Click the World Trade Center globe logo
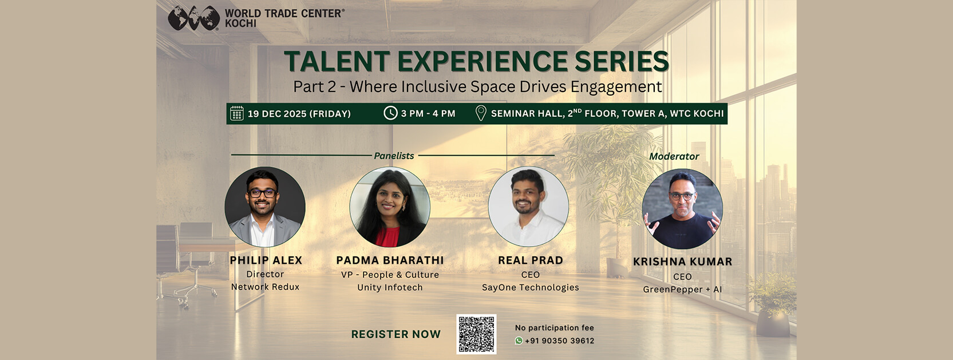click(193, 18)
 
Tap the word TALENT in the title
click(337, 61)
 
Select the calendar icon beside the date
click(237, 113)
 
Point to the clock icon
click(390, 113)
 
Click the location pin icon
click(481, 113)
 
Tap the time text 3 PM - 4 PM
click(428, 114)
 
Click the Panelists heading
click(394, 156)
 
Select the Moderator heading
click(674, 156)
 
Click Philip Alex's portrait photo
click(264, 207)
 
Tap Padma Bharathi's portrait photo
click(390, 207)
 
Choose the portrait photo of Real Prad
click(528, 207)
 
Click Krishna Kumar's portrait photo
click(682, 208)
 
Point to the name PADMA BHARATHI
click(390, 260)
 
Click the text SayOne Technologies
click(531, 288)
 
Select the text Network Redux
click(265, 287)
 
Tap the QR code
click(476, 334)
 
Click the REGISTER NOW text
click(396, 334)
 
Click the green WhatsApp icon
click(519, 341)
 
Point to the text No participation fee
click(555, 327)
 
